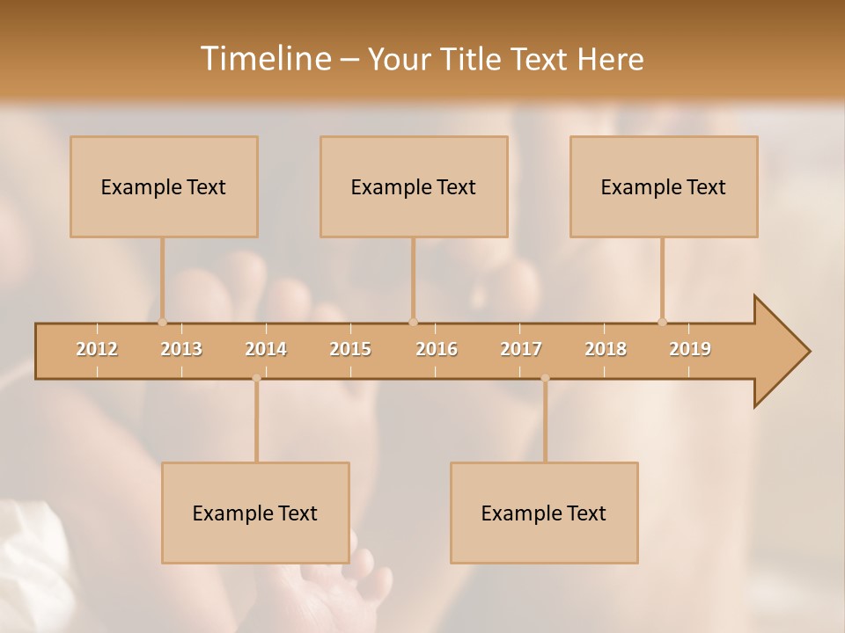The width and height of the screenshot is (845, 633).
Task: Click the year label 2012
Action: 97,349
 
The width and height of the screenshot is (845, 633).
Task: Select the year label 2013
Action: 181,349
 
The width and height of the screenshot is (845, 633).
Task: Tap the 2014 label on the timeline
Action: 266,349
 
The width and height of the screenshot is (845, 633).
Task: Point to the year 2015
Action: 350,349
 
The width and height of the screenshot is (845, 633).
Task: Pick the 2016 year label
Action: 437,349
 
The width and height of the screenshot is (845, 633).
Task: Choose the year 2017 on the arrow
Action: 521,349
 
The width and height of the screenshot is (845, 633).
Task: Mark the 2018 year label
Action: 606,349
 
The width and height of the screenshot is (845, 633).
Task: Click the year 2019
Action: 690,349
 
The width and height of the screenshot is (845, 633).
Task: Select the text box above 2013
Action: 164,186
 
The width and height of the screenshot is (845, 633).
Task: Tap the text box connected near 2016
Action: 414,186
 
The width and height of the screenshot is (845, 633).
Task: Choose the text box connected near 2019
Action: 664,186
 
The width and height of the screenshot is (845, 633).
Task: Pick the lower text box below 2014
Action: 255,513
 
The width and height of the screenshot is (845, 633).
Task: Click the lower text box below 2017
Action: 544,513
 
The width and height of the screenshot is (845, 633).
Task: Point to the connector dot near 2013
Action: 162,322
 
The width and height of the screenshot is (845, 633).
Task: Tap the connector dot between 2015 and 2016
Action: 413,322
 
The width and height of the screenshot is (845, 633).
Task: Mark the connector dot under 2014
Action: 256,378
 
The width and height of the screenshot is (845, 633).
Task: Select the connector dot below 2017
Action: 545,378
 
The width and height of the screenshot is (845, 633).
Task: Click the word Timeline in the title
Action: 264,59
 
